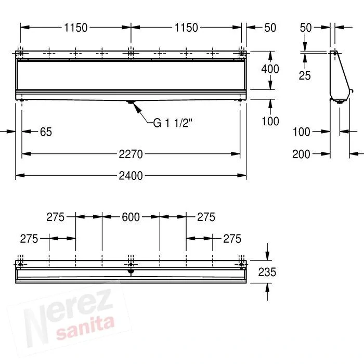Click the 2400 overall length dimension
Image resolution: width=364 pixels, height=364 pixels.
tap(130, 176)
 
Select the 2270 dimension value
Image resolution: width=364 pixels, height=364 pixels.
tap(130, 154)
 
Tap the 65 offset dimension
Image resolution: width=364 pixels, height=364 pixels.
tap(46, 132)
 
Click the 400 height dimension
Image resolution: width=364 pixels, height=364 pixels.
tap(270, 69)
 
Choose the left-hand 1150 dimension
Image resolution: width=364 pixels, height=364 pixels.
tap(75, 28)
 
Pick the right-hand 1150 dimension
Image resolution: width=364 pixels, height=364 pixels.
tap(186, 28)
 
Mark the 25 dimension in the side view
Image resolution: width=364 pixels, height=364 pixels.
tap(305, 75)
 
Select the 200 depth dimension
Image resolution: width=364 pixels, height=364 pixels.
tap(301, 154)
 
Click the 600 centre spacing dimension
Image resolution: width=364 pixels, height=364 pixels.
tap(131, 217)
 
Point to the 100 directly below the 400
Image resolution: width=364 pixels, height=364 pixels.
tap(270, 121)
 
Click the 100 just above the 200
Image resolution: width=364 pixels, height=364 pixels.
tap(301, 132)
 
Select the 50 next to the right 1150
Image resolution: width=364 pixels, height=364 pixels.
tap(270, 28)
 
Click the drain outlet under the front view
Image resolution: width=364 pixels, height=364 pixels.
tap(131, 103)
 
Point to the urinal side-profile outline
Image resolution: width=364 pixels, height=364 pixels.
tap(338, 78)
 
